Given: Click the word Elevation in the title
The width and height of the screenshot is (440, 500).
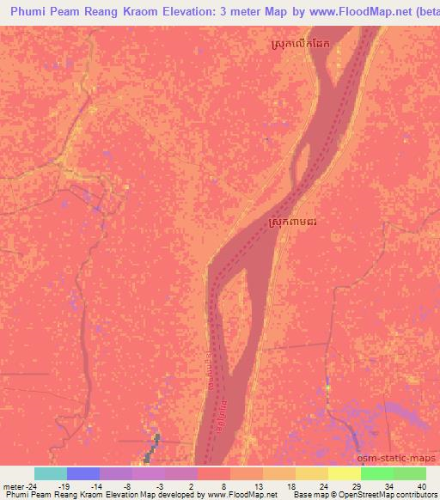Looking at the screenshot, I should click(x=180, y=12).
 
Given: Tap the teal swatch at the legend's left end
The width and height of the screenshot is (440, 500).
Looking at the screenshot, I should click(x=51, y=473).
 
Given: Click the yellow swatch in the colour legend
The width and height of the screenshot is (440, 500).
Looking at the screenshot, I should click(x=345, y=473).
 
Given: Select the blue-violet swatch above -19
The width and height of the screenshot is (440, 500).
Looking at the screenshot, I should click(x=83, y=473).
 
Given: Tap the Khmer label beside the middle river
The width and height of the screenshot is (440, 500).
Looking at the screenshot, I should click(x=297, y=223).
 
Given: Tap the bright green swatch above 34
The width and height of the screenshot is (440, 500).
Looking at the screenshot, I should click(x=377, y=473).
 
